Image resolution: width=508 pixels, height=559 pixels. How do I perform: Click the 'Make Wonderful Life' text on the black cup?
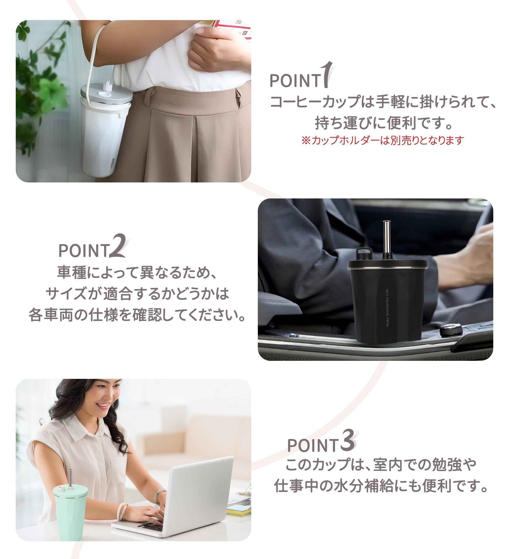387,308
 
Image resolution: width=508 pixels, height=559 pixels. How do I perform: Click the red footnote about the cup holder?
383,140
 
